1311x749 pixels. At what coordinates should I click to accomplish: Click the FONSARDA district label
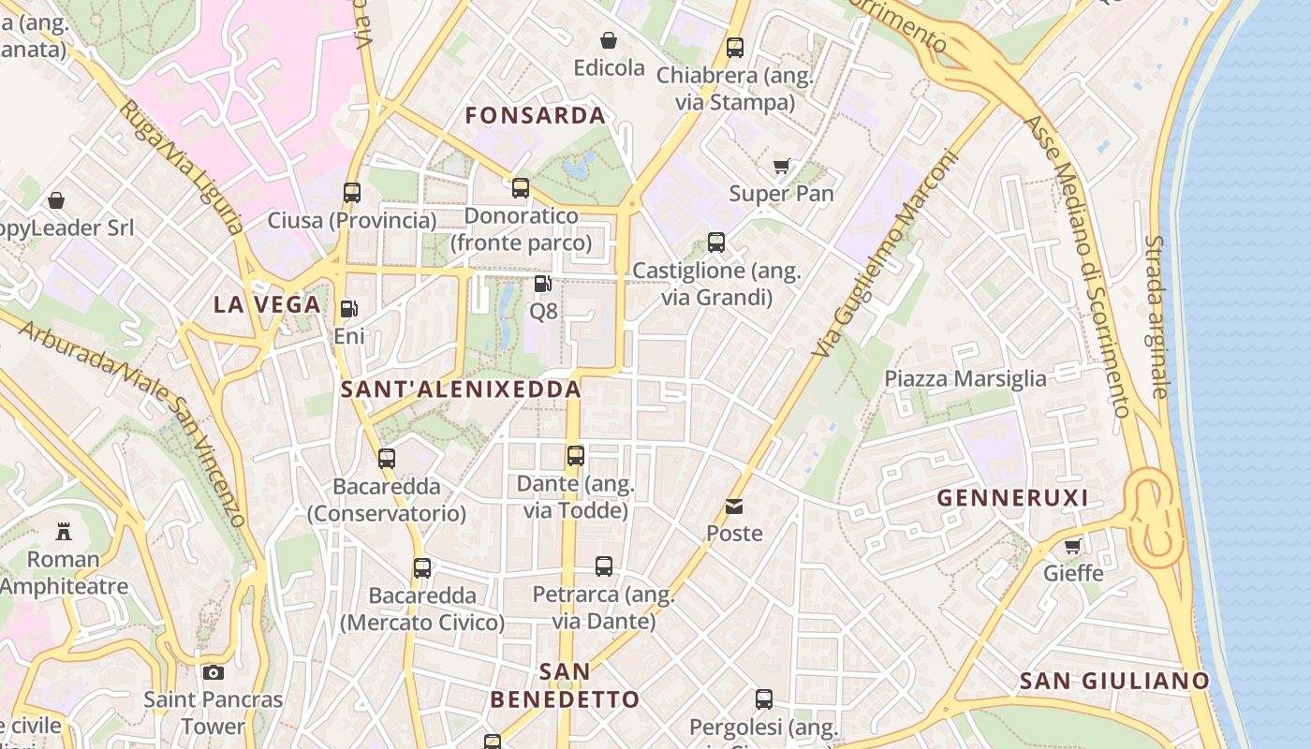536,116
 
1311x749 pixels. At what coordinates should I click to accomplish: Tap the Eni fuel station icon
348,308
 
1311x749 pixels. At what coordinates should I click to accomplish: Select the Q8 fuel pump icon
542,283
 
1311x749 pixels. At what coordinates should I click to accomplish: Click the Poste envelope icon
734,507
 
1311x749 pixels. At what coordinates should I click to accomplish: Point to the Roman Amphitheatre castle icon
63,532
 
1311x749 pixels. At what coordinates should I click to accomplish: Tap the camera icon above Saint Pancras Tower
213,672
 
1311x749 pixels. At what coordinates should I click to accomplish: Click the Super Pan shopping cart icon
781,167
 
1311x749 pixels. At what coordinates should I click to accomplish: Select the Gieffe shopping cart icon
1073,546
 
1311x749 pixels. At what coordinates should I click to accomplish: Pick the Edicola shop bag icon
609,40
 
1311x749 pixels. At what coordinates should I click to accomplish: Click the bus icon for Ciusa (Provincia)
352,193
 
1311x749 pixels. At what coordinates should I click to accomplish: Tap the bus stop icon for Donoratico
521,188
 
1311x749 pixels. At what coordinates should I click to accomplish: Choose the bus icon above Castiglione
716,242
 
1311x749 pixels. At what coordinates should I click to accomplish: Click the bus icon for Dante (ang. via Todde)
576,456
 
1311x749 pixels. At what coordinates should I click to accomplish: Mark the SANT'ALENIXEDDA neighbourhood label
461,389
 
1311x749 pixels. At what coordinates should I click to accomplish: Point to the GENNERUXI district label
1013,498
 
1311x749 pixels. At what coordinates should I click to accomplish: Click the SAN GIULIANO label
1114,681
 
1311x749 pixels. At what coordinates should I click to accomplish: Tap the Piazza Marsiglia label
965,379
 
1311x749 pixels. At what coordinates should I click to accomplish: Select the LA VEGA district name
267,304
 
